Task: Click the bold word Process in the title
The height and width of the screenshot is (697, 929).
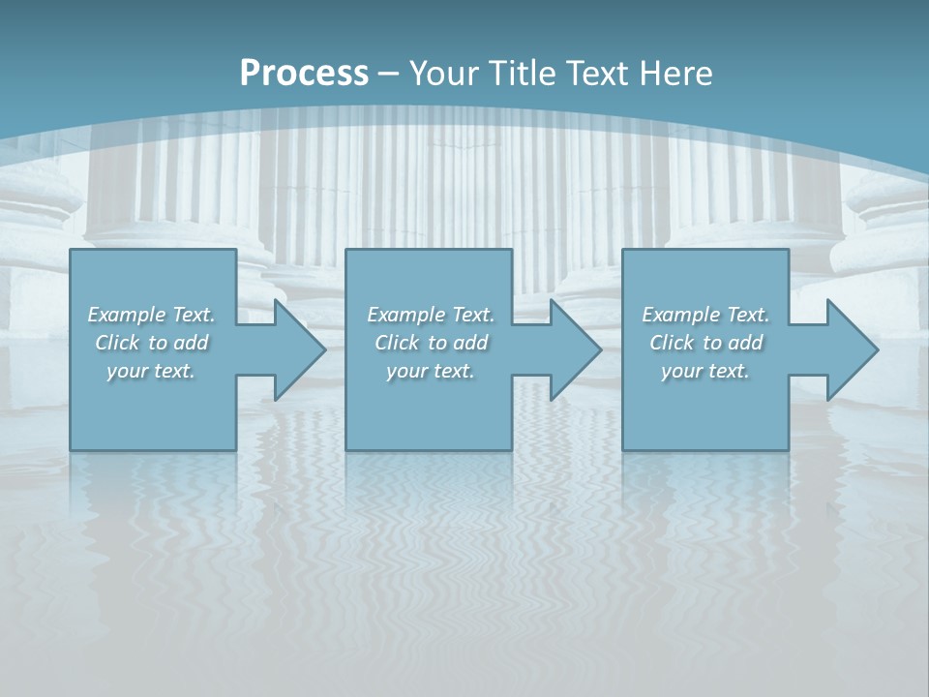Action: click(304, 74)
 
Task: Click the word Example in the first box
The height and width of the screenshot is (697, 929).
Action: click(126, 315)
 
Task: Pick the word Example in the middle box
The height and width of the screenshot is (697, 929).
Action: click(405, 315)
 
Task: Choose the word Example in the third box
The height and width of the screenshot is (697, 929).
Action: click(680, 315)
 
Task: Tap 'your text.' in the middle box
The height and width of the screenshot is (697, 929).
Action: click(430, 371)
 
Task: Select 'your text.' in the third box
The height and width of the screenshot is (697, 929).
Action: click(704, 371)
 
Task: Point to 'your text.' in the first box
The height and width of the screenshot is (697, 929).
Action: click(151, 371)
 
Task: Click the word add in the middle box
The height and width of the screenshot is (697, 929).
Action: click(470, 343)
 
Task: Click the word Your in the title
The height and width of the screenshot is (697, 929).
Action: click(443, 74)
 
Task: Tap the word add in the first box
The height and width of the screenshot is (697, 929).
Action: click(191, 343)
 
